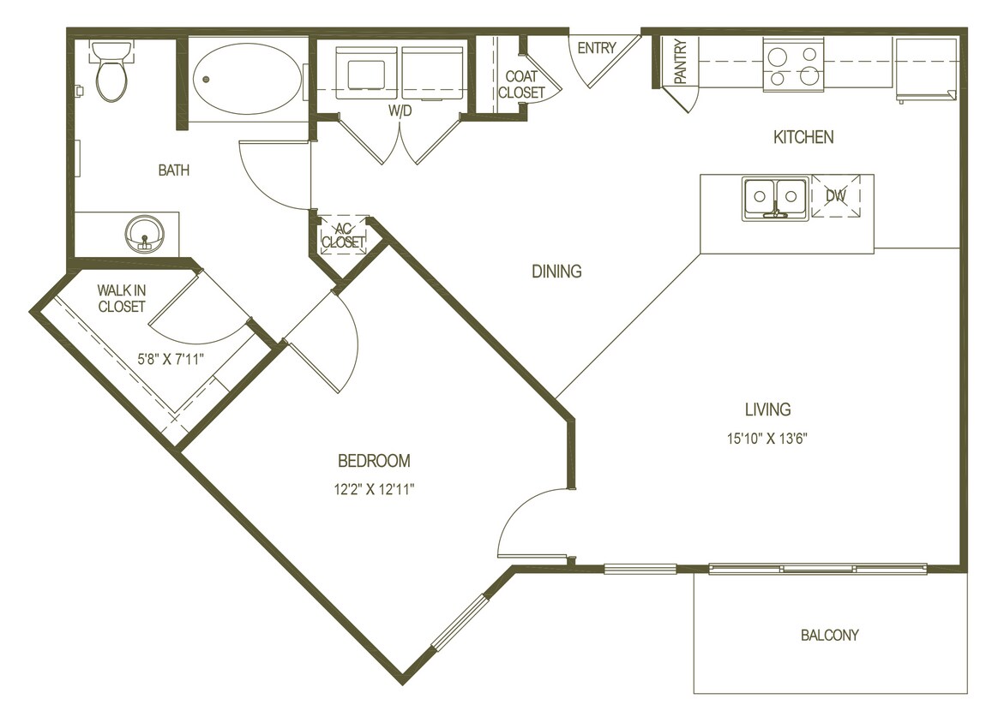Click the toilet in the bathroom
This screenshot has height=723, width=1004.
111,73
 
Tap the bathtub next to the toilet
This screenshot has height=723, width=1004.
246,80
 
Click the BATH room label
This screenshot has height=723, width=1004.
173,170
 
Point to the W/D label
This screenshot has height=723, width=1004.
400,111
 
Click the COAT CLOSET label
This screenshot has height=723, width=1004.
521,85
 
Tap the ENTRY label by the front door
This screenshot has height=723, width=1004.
596,48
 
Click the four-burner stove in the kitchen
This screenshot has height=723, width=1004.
793,67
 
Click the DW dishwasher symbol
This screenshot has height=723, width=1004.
836,196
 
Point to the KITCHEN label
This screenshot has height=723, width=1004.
803,137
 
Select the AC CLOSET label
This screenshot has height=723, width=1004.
343,236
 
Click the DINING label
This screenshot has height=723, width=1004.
556,272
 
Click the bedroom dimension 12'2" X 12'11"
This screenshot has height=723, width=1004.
374,490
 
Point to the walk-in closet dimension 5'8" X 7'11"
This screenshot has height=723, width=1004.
171,360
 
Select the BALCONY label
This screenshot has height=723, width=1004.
829,635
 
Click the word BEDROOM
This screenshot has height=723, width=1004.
374,461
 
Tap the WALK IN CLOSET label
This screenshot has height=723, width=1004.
121,299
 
